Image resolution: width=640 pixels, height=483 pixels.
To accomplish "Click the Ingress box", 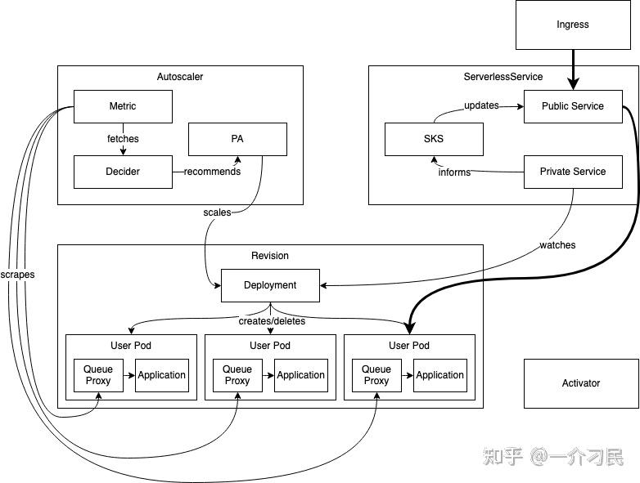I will tap(572, 25).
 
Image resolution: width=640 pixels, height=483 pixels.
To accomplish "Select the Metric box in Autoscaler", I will tap(123, 106).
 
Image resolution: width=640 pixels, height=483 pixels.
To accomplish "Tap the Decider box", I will tap(123, 172).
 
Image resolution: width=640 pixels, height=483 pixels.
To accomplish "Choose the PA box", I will tap(237, 139).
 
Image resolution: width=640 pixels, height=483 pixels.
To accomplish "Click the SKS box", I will tap(434, 139).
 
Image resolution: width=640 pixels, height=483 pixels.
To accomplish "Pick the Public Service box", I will tap(573, 106).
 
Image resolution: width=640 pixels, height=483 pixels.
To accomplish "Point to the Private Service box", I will tap(573, 172).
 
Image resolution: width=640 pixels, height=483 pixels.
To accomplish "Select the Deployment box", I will tap(270, 285).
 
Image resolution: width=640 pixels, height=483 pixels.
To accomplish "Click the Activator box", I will tap(581, 383).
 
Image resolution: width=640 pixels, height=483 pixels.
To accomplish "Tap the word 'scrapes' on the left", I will tap(18, 275).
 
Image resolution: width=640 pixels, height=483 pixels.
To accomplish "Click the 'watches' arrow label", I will tap(557, 245).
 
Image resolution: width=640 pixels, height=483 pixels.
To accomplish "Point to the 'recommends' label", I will tap(212, 172).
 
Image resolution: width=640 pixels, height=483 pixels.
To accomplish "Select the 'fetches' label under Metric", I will tap(123, 139).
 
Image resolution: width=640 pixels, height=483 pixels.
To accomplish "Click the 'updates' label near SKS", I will tap(481, 105).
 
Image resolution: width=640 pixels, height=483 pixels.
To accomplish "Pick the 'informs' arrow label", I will tap(454, 172).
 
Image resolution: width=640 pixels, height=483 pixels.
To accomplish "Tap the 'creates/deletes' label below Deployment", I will tap(272, 321).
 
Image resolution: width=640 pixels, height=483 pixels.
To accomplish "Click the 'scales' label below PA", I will tap(217, 212).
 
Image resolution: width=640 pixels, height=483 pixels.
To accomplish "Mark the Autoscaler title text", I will tap(180, 77).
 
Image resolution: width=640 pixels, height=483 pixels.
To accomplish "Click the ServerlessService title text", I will tap(503, 77).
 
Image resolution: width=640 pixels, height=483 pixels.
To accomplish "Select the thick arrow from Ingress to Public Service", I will tap(572, 69).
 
